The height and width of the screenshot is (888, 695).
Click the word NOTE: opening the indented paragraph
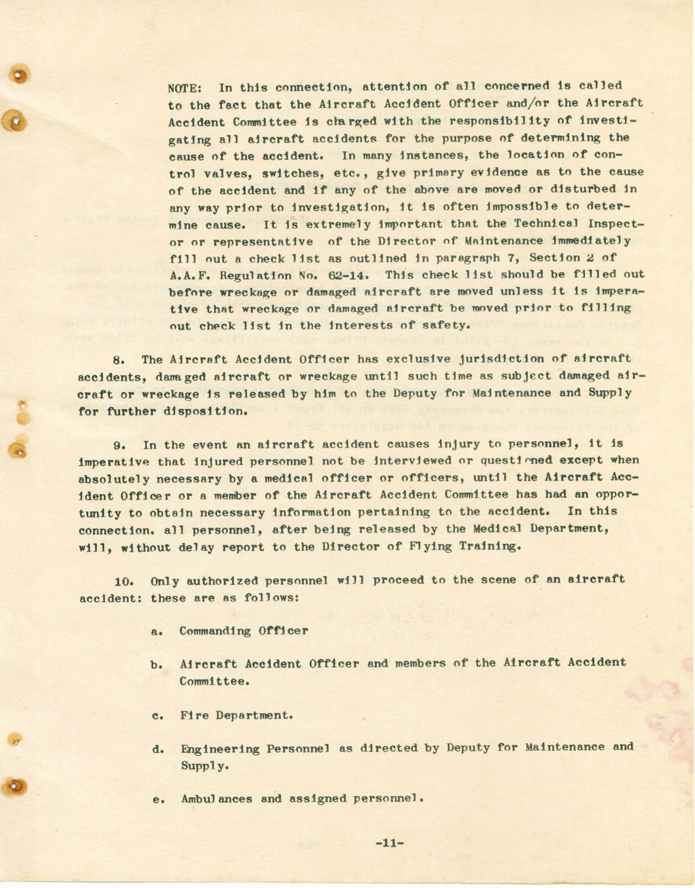point(185,87)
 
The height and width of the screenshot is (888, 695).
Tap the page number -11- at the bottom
point(389,843)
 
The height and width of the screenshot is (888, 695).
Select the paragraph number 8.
point(118,360)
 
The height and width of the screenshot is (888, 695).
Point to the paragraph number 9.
point(118,445)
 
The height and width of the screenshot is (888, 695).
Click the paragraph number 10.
point(124,581)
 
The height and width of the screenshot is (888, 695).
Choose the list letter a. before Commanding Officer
point(156,631)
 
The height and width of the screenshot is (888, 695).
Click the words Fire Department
point(236,715)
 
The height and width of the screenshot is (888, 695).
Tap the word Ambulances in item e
point(216,799)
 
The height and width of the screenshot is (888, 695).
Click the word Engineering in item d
point(219,748)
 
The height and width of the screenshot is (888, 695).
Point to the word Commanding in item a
point(215,631)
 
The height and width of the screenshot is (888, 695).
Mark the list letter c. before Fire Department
point(156,715)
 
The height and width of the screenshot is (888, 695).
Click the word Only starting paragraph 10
point(164,581)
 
